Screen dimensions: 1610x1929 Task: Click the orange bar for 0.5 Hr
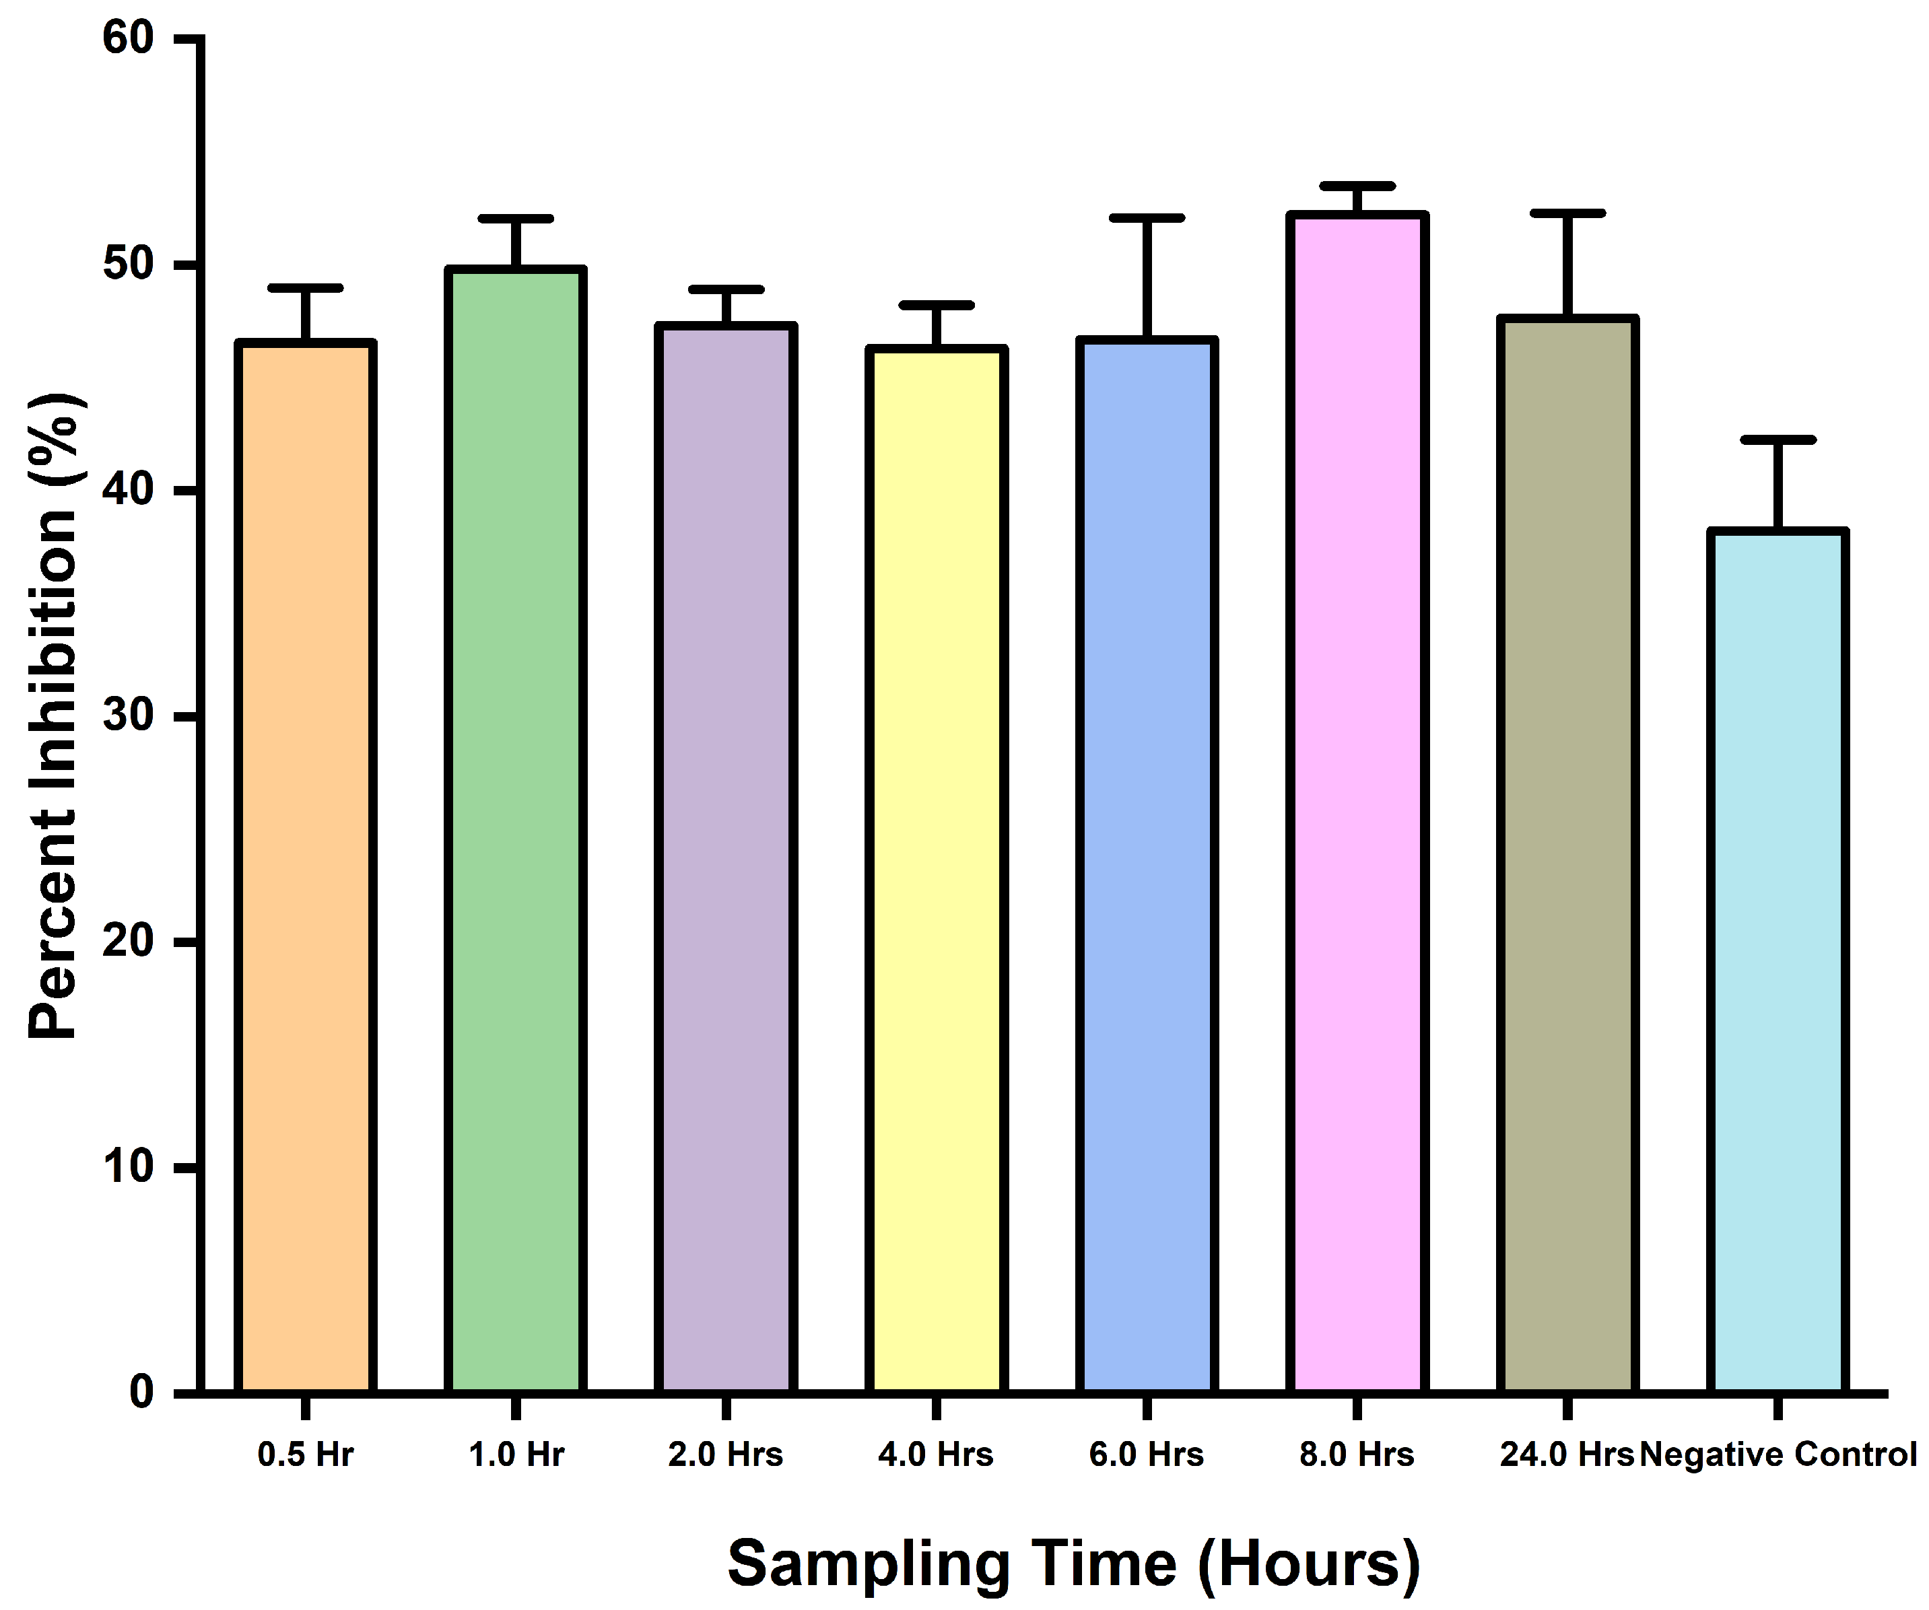pyautogui.click(x=305, y=868)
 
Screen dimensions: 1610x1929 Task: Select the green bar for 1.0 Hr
pyautogui.click(x=515, y=831)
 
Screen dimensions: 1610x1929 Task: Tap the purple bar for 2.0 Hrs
pyautogui.click(x=726, y=859)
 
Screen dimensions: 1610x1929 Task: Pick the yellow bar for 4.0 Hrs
pyautogui.click(x=936, y=871)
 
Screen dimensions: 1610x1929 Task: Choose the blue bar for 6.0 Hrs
pyautogui.click(x=1147, y=866)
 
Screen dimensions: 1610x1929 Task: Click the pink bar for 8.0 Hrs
pyautogui.click(x=1357, y=804)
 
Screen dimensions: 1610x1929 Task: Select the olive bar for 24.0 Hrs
pyautogui.click(x=1567, y=856)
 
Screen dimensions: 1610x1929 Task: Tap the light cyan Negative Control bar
pyautogui.click(x=1778, y=962)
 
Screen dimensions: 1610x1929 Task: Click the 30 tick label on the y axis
pyautogui.click(x=128, y=715)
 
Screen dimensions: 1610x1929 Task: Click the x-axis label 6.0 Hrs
pyautogui.click(x=1147, y=1455)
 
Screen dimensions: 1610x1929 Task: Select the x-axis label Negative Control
pyautogui.click(x=1778, y=1455)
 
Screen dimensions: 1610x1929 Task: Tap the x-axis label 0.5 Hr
pyautogui.click(x=305, y=1455)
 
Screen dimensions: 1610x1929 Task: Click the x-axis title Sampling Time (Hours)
pyautogui.click(x=1073, y=1562)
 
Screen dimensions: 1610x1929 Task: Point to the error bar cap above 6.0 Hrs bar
pyautogui.click(x=1147, y=219)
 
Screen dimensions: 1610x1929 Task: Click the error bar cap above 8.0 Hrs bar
pyautogui.click(x=1357, y=186)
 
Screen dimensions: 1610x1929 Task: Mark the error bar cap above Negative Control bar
pyautogui.click(x=1778, y=440)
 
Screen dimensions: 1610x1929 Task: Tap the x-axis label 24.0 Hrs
pyautogui.click(x=1566, y=1455)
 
